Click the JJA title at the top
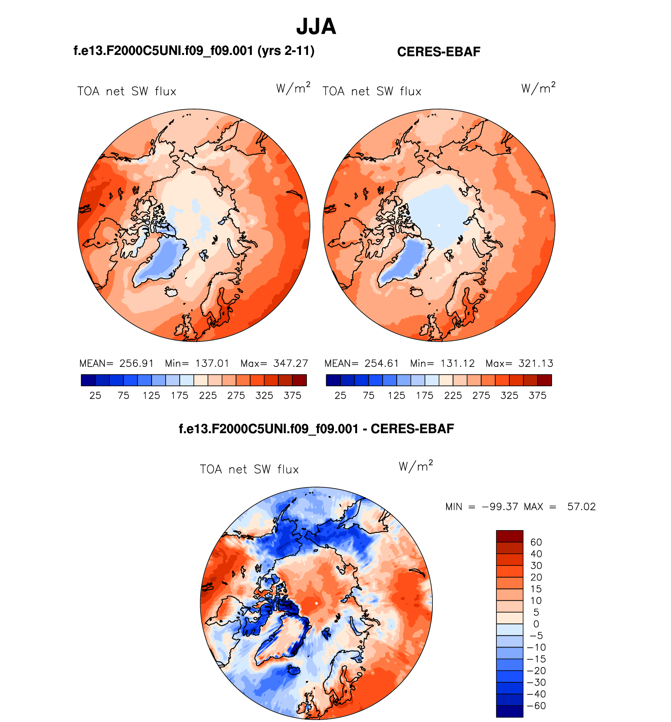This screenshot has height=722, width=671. pyautogui.click(x=316, y=27)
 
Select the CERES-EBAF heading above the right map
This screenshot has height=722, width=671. pyautogui.click(x=438, y=52)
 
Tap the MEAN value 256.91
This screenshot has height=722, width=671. pyautogui.click(x=137, y=363)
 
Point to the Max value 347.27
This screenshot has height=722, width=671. pyautogui.click(x=290, y=363)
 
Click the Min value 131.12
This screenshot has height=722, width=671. pyautogui.click(x=457, y=363)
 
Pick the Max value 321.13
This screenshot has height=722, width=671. pyautogui.click(x=536, y=363)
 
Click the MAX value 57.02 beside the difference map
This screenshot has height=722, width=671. pyautogui.click(x=581, y=507)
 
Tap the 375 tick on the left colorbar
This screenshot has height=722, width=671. pyautogui.click(x=292, y=396)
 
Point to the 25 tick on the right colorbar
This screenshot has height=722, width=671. pyautogui.click(x=340, y=396)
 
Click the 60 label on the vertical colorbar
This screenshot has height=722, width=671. pyautogui.click(x=536, y=542)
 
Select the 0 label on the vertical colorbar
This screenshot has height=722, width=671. pyautogui.click(x=536, y=624)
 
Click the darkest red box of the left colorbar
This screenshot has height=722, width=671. pyautogui.click(x=299, y=380)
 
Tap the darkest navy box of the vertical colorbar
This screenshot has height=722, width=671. pyautogui.click(x=509, y=711)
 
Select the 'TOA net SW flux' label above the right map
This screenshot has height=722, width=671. pyautogui.click(x=372, y=91)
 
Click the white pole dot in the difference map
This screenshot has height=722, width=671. pyautogui.click(x=316, y=603)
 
